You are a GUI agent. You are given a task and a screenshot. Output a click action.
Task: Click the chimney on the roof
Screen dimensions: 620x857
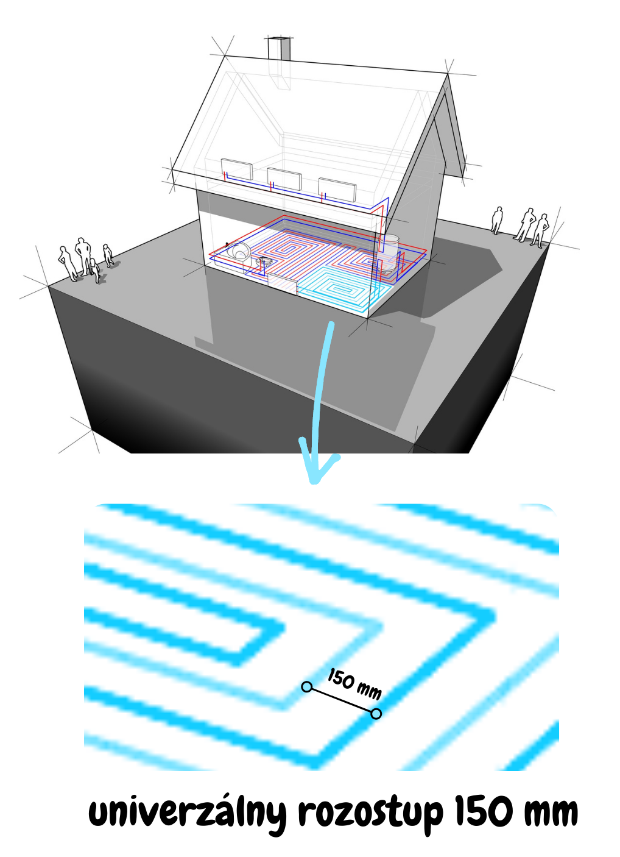tap(279, 48)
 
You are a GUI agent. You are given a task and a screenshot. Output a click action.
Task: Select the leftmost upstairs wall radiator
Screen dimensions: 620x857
tap(236, 169)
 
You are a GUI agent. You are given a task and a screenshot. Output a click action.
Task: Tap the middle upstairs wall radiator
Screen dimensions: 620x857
tap(284, 179)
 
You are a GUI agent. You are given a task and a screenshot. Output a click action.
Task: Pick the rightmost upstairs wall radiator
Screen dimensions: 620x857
tap(337, 190)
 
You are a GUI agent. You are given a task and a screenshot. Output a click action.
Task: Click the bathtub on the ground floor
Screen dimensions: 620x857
tap(238, 251)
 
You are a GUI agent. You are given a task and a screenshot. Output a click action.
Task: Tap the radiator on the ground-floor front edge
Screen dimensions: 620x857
tap(282, 284)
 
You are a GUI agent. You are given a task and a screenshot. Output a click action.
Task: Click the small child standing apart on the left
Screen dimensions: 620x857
tap(108, 255)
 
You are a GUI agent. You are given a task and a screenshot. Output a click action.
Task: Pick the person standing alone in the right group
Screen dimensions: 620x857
tap(497, 220)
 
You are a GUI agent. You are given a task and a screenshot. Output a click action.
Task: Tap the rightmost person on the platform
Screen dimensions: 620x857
tap(540, 230)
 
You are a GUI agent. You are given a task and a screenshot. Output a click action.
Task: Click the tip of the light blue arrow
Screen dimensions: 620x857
tap(314, 482)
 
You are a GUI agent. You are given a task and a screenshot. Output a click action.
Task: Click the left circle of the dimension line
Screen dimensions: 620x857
tap(306, 687)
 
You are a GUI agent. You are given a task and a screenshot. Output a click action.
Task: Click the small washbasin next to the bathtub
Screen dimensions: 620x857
tap(264, 263)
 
